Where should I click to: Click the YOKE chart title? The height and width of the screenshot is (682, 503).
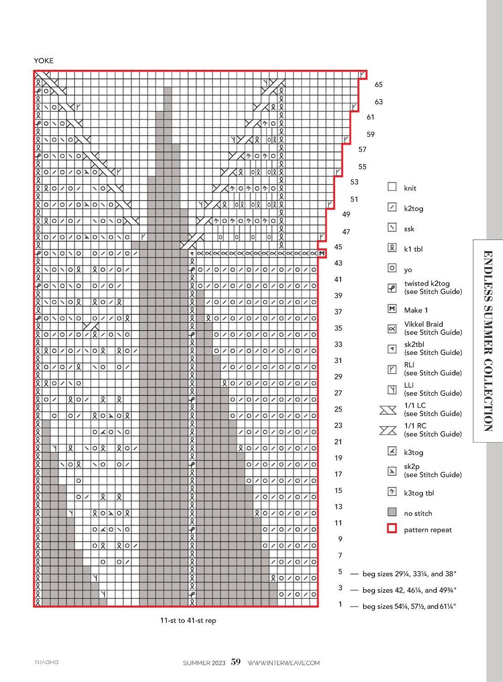(x=43, y=60)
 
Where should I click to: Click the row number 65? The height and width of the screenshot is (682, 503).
(x=379, y=85)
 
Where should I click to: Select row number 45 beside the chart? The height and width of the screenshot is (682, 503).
(x=338, y=247)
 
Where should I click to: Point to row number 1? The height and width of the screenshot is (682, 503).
(x=340, y=604)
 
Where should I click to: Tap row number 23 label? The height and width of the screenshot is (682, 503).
(x=338, y=425)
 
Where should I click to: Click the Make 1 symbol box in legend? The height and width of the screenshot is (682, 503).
(x=392, y=309)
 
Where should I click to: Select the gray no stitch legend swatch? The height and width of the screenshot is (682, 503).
(x=392, y=512)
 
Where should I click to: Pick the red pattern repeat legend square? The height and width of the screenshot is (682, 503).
(x=392, y=529)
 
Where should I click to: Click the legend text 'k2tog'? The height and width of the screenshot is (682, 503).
(x=413, y=209)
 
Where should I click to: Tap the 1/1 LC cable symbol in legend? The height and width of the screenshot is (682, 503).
(x=388, y=410)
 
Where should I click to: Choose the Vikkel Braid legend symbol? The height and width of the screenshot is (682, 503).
(x=392, y=329)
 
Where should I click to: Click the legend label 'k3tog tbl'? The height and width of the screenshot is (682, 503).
(x=419, y=493)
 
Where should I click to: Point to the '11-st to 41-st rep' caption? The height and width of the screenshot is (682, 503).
(x=188, y=621)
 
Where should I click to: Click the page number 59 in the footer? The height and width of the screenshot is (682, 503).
(x=235, y=662)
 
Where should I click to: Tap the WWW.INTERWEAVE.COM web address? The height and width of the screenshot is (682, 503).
(x=284, y=663)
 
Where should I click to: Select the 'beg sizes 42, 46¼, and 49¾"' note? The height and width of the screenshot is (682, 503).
(x=409, y=590)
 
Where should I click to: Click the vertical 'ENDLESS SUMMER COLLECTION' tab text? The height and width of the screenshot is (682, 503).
(x=488, y=341)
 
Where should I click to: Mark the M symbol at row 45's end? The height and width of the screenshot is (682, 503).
(x=322, y=254)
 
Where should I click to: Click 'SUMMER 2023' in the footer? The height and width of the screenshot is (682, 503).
(x=204, y=663)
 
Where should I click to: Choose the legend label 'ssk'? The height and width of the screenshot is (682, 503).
(x=409, y=229)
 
